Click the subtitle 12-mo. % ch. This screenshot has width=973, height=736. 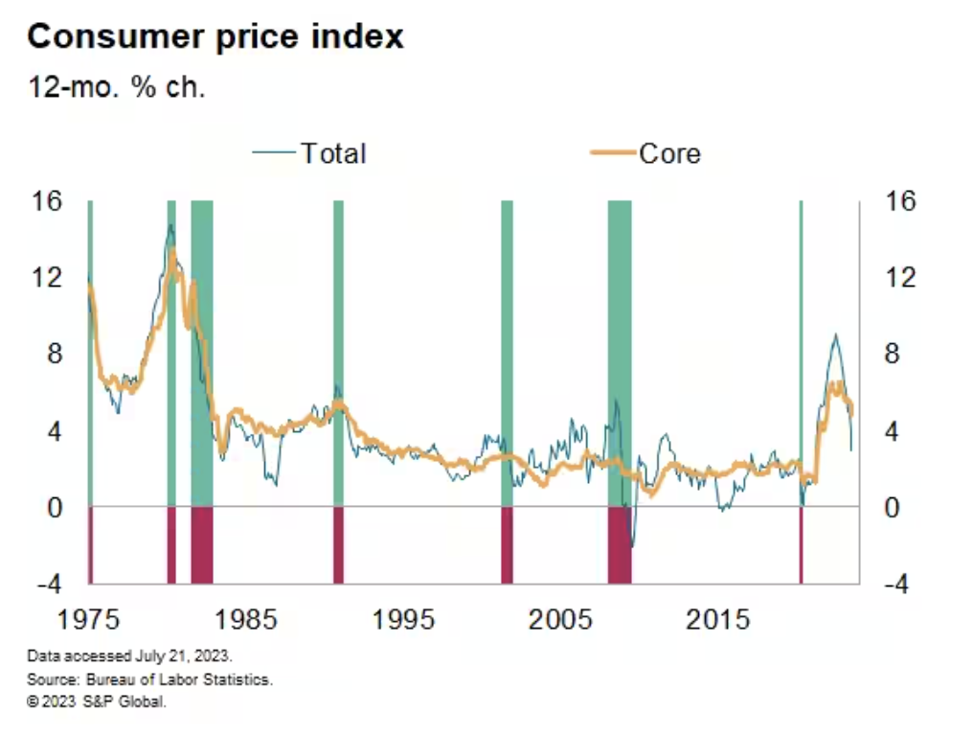pyautogui.click(x=117, y=87)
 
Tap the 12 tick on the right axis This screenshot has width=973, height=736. pyautogui.click(x=899, y=278)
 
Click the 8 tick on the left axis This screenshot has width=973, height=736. pyautogui.click(x=50, y=355)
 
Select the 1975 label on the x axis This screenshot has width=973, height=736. pyautogui.click(x=88, y=619)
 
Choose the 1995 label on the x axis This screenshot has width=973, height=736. pyautogui.click(x=403, y=619)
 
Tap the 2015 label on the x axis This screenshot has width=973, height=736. pyautogui.click(x=717, y=619)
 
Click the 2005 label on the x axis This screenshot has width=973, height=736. pyautogui.click(x=560, y=619)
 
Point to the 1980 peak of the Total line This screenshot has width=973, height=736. pyautogui.click(x=170, y=225)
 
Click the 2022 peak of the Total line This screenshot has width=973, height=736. pyautogui.click(x=835, y=334)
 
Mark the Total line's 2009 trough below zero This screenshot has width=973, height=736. pyautogui.click(x=631, y=546)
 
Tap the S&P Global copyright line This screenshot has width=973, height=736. pyautogui.click(x=97, y=701)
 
